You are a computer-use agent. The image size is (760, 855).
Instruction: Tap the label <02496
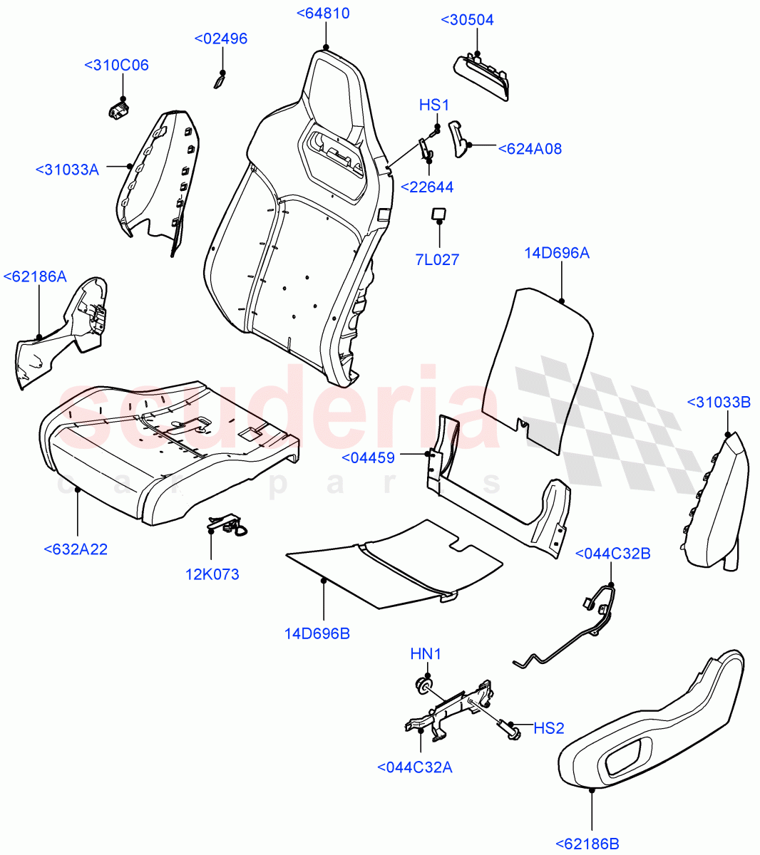(x=221, y=38)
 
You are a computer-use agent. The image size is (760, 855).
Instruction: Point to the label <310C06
(x=116, y=65)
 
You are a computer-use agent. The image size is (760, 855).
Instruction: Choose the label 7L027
(x=437, y=259)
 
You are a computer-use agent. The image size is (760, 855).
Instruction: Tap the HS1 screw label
(x=433, y=105)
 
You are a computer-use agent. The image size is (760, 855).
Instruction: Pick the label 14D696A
(x=557, y=252)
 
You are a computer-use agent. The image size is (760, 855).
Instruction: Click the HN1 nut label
(x=426, y=653)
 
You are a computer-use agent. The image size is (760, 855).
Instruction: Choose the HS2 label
(x=549, y=728)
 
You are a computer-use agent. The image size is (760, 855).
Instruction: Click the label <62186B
(x=587, y=844)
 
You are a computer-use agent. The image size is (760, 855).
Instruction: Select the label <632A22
(x=76, y=549)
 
